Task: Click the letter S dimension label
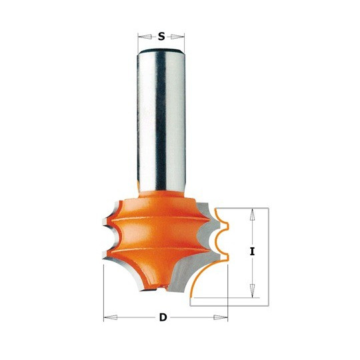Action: click(x=161, y=36)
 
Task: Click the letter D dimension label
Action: click(x=163, y=318)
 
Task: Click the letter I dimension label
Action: click(x=252, y=252)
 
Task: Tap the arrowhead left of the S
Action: click(x=145, y=37)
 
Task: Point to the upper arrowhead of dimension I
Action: click(x=252, y=215)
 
